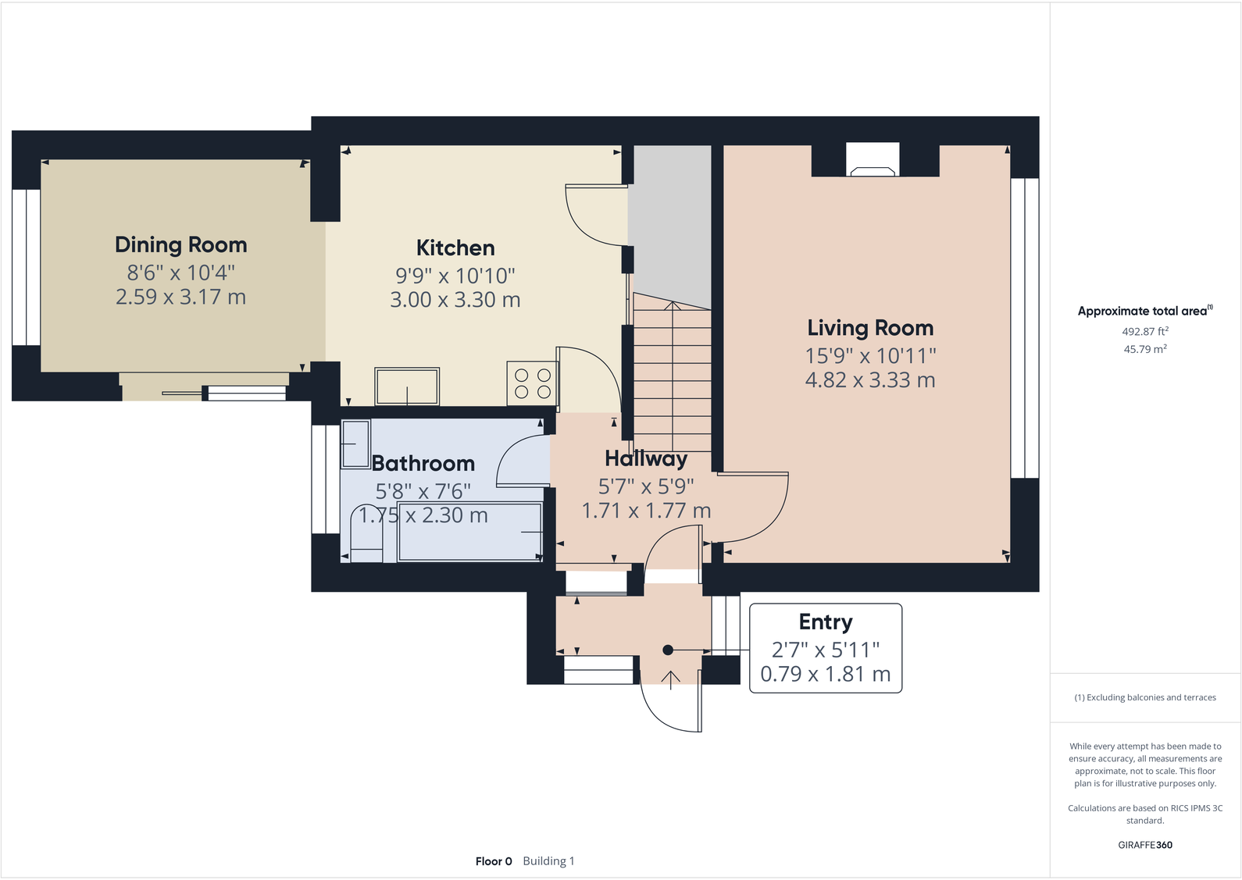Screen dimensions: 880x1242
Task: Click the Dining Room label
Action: (x=180, y=245)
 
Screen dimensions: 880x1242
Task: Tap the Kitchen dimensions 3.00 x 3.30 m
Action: (x=455, y=300)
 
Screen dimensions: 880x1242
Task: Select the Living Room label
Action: (x=869, y=328)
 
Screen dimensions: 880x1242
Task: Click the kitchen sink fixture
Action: (x=407, y=386)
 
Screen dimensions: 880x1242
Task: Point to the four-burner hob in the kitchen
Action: (x=532, y=383)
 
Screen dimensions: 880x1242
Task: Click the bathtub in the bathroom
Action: (x=469, y=533)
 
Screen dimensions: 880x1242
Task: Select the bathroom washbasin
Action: (x=355, y=444)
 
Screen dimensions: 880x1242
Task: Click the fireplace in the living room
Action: (x=873, y=161)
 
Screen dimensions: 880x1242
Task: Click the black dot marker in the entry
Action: (x=668, y=650)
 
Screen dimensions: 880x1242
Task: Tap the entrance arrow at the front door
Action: (x=670, y=679)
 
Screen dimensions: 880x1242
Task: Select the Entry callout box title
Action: (x=825, y=622)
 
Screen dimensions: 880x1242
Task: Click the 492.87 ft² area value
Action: (x=1144, y=331)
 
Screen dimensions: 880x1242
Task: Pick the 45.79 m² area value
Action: (x=1144, y=349)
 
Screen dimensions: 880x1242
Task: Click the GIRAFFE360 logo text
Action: (x=1144, y=845)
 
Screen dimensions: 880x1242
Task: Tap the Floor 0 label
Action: (x=494, y=861)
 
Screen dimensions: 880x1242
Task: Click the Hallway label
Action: (x=645, y=459)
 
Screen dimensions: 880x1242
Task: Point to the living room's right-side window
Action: (x=1024, y=328)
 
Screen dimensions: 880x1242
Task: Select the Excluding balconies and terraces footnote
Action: (x=1144, y=697)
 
